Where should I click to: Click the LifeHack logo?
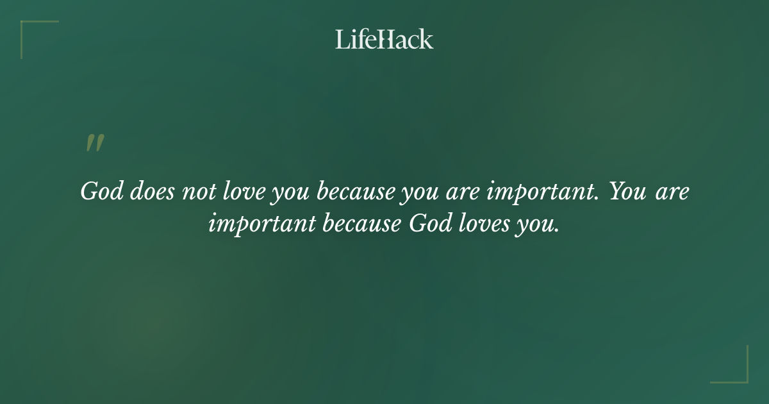coord(384,39)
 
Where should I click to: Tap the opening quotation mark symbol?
coord(94,144)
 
